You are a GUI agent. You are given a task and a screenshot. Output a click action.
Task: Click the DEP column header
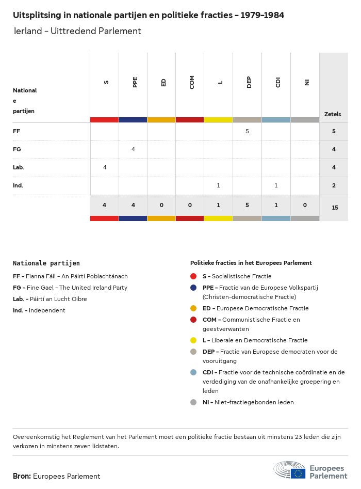(249, 83)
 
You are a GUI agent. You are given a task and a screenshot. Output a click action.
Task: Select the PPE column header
(135, 83)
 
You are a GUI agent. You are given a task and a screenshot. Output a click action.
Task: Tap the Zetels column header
(333, 114)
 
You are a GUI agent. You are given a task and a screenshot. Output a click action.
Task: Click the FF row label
(17, 131)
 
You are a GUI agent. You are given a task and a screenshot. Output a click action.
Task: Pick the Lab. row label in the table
(19, 167)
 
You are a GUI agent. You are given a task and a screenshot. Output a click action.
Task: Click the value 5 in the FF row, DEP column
(247, 131)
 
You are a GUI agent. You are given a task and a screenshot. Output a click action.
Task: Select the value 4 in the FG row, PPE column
(133, 149)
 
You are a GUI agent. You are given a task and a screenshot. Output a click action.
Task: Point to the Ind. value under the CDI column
(276, 185)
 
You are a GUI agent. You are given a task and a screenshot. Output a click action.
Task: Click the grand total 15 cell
(335, 208)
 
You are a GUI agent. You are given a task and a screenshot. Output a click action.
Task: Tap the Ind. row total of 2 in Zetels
(334, 185)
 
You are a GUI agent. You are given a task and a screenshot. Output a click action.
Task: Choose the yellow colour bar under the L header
(218, 120)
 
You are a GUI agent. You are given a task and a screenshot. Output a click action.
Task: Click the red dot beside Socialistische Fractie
(193, 276)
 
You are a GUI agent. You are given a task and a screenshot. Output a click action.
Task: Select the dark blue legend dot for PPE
(193, 288)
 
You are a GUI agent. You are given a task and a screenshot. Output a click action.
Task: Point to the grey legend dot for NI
(193, 402)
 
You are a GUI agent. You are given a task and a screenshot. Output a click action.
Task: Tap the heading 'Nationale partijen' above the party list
(46, 263)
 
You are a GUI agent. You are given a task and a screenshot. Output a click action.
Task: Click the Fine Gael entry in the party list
(70, 288)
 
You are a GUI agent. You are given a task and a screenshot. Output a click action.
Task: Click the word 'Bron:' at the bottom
(22, 476)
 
